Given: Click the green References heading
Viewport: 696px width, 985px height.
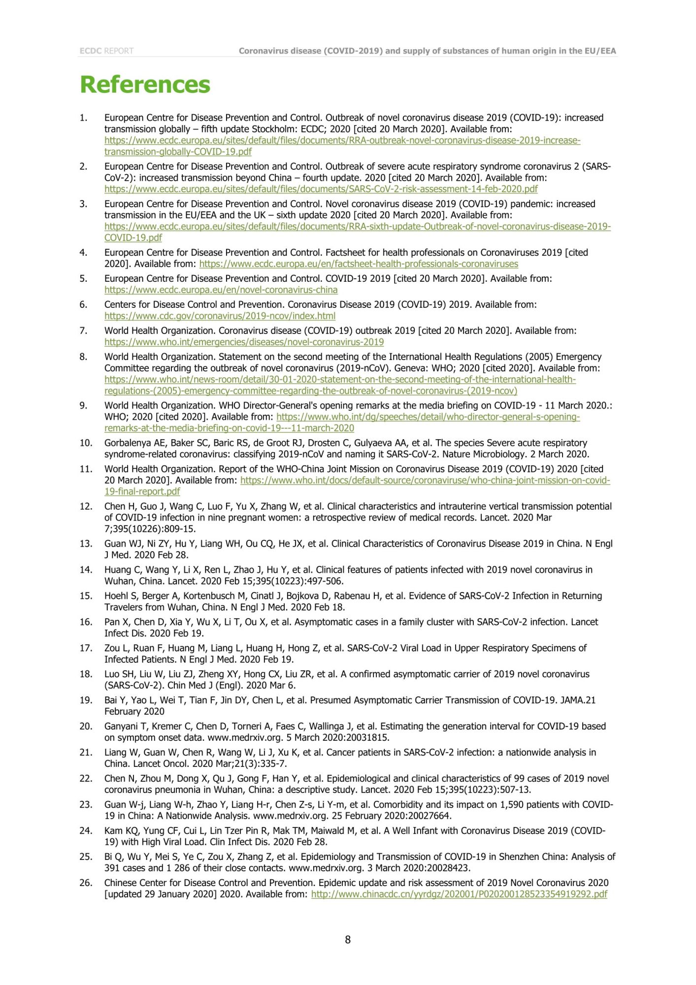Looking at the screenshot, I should coord(145,84).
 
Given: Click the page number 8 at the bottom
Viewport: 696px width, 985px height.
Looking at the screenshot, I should coord(348,939).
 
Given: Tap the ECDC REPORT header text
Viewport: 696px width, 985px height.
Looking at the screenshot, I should coord(106,51).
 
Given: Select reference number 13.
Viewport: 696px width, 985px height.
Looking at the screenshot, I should coord(86,544).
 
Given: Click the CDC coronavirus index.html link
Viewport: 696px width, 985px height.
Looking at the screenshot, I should coord(220,316).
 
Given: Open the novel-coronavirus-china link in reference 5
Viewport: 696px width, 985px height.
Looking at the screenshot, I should coord(221,290).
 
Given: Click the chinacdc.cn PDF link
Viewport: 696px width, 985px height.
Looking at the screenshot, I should coord(459,894).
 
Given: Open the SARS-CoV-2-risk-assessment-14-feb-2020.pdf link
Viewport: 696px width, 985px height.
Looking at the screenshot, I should coord(321,189).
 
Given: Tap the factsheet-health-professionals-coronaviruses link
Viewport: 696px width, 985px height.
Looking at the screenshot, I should coord(359,264).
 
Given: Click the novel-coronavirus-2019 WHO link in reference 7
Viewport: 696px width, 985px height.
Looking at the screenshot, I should coord(244,342).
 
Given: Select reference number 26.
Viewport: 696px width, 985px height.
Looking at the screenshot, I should coord(86,883).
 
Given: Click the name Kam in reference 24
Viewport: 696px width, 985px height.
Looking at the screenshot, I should coord(113,831).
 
